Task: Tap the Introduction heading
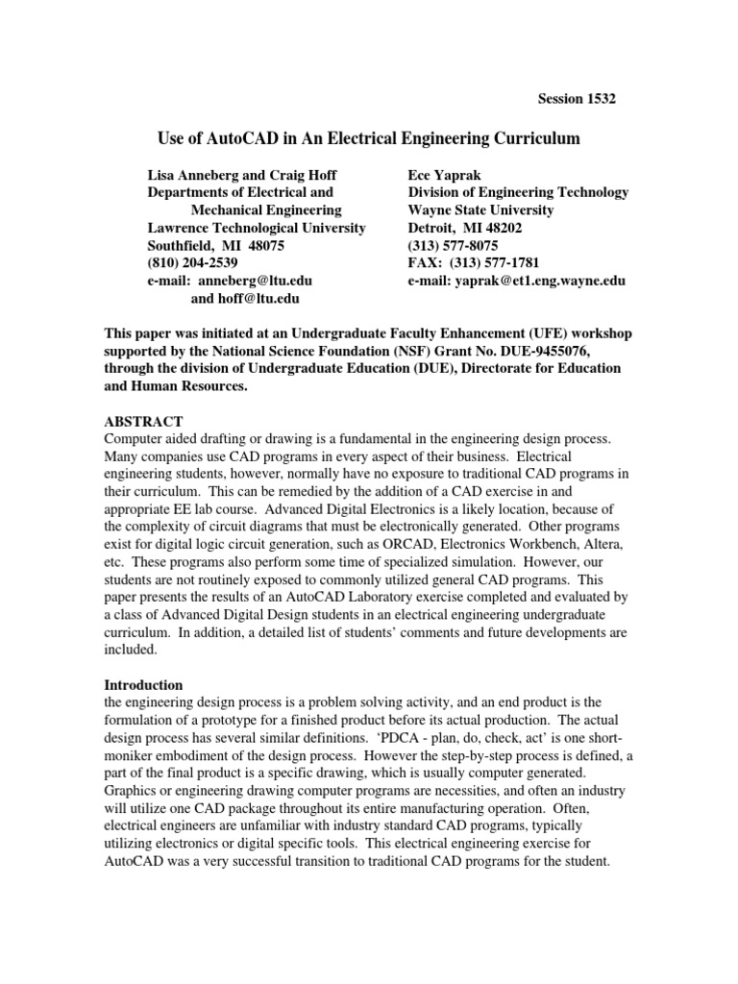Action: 143,685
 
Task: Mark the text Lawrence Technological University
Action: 256,228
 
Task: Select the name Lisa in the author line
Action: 160,175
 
